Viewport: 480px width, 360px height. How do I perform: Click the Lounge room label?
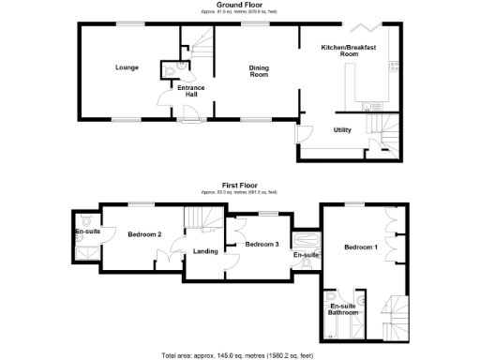coord(127,67)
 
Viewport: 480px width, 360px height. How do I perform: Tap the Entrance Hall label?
coord(192,91)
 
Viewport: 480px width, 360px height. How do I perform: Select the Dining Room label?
coord(259,70)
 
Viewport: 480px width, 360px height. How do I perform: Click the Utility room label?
coord(342,130)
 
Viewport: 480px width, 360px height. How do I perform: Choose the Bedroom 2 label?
coord(145,234)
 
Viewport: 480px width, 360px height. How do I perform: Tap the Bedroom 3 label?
coord(262,244)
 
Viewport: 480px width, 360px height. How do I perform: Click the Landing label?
coord(206,251)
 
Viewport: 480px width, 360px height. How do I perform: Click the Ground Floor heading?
coord(239,5)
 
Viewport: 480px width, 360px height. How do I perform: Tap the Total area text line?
coord(239,355)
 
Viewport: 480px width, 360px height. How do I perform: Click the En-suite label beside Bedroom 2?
coord(87,231)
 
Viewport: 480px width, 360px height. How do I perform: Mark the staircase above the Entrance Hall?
coord(197,42)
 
